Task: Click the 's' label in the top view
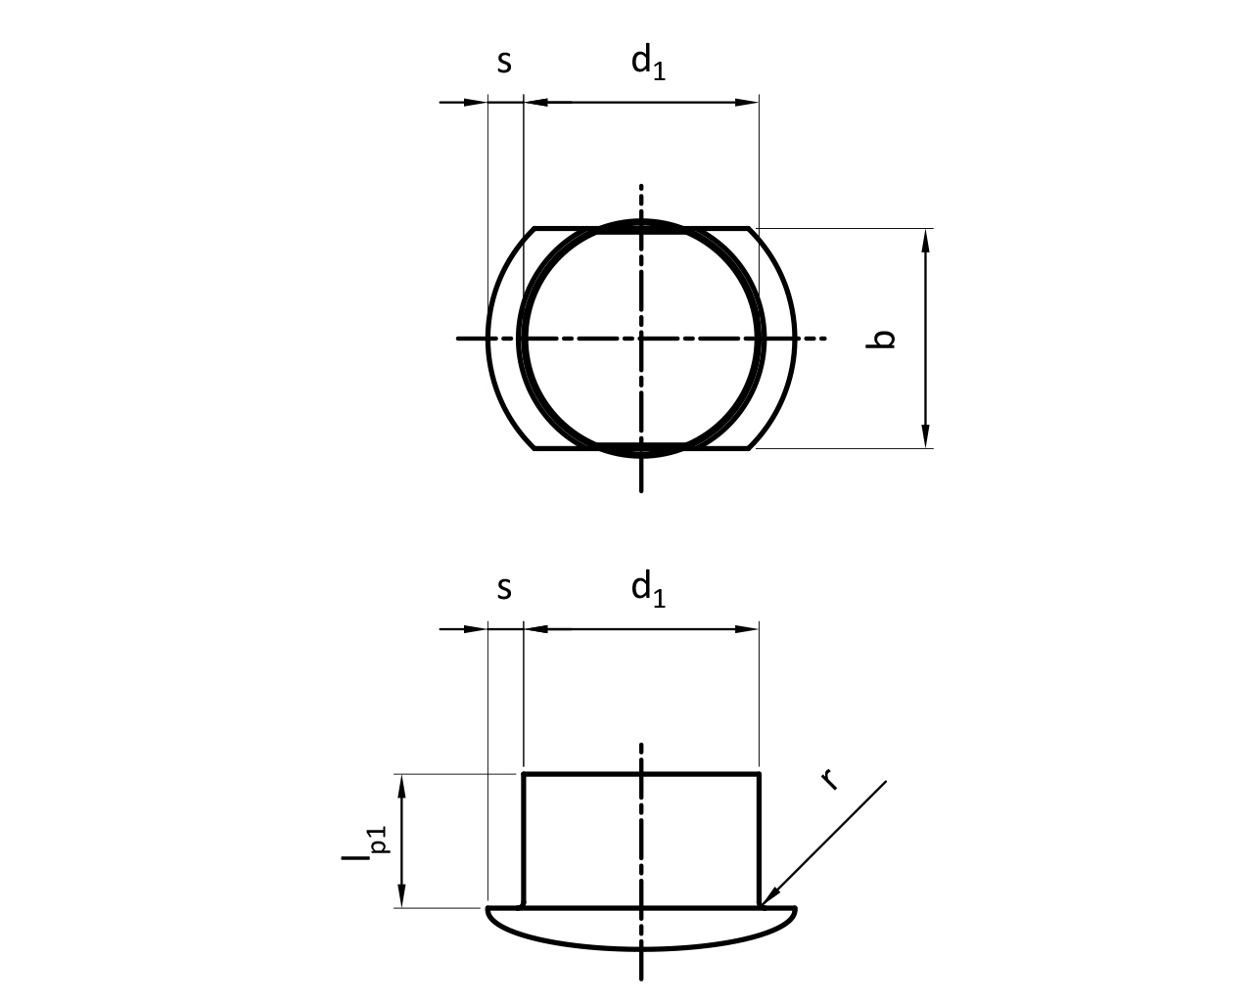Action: tap(504, 63)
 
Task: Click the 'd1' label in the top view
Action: tap(648, 63)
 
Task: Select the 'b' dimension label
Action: tap(880, 339)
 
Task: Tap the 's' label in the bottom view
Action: tap(504, 589)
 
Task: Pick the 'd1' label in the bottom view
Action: tap(648, 589)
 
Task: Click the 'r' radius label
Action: tap(829, 779)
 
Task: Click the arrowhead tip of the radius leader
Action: tap(761, 907)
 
